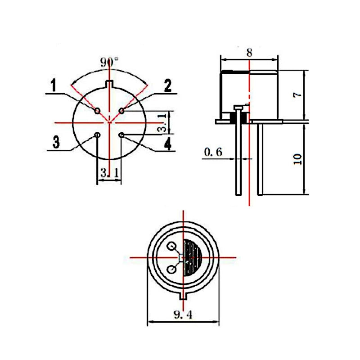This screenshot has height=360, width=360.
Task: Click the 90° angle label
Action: coord(109,62)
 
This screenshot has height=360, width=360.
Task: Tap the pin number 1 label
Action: coord(53,85)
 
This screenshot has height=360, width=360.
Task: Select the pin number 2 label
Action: coord(168,85)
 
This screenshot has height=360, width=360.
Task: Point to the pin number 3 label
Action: coord(56,142)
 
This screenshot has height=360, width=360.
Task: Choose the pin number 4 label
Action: coord(168,144)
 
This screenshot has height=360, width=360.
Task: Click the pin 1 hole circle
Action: coord(97,111)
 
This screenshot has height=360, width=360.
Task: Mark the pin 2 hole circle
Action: coord(121,111)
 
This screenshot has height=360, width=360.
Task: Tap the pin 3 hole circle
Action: coord(97,135)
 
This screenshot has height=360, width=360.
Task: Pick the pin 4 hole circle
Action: coord(121,135)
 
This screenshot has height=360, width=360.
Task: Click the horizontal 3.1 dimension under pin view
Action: coord(110,173)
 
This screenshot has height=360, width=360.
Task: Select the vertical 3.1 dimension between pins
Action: coord(162,123)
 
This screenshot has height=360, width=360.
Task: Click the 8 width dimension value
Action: coord(249,53)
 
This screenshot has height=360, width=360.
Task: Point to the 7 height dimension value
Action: coord(297,94)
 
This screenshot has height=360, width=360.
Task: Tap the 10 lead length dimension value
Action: coord(297,159)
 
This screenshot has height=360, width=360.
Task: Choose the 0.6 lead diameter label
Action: coord(213,152)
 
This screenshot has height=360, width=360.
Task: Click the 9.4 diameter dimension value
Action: coord(183,315)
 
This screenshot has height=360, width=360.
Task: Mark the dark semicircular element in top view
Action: coord(193,257)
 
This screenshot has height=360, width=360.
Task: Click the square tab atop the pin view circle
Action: coord(109,84)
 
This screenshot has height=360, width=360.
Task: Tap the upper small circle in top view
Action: coord(172,246)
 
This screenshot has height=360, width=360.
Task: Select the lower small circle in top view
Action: coord(172,269)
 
